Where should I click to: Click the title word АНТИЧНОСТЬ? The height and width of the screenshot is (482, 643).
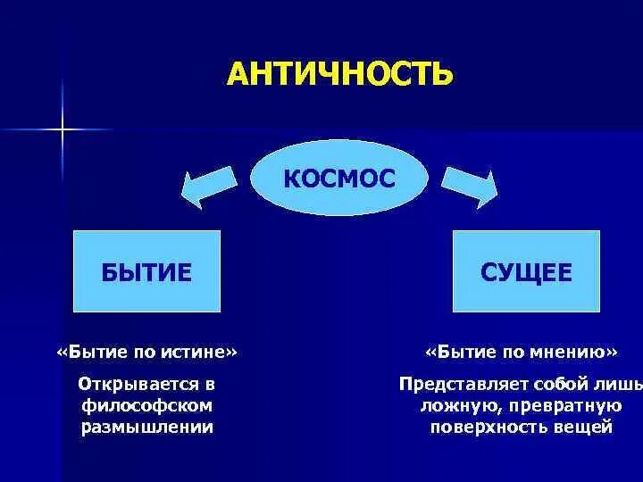click(x=339, y=73)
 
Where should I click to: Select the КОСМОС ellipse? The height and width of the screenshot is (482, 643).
click(x=338, y=178)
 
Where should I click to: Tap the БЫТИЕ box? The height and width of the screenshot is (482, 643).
click(x=146, y=271)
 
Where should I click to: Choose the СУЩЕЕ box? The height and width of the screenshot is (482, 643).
click(x=526, y=271)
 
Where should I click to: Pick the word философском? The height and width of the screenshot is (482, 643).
click(x=147, y=405)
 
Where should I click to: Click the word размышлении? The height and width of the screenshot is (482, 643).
click(x=147, y=427)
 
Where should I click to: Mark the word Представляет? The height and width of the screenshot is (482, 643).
click(x=455, y=385)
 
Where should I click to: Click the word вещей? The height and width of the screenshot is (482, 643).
click(x=581, y=427)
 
